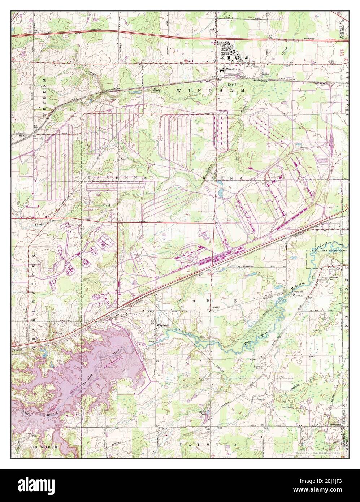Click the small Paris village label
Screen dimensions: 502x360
pyautogui.click(x=216, y=308)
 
